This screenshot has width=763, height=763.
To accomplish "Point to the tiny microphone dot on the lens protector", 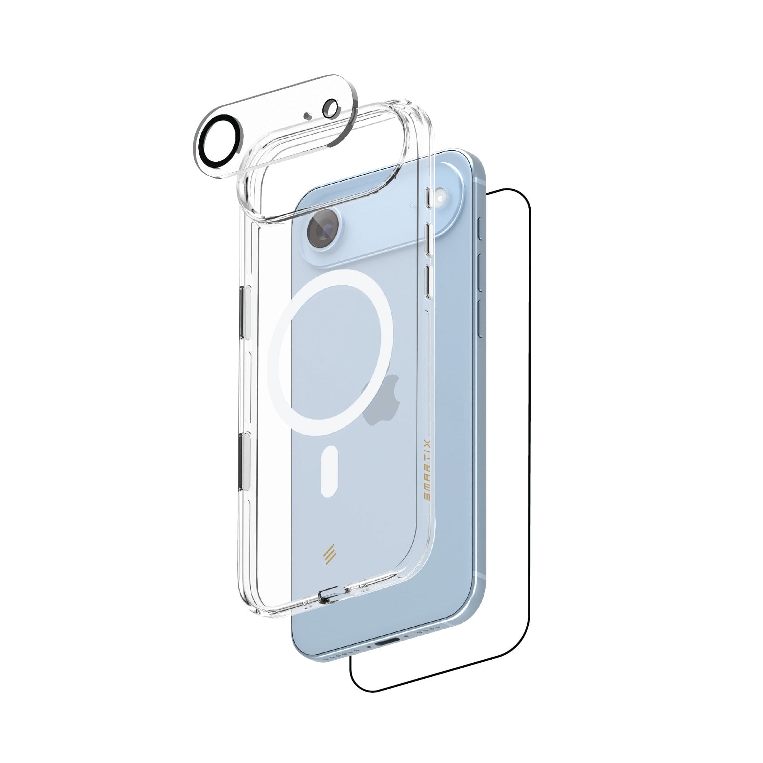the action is pyautogui.click(x=307, y=116).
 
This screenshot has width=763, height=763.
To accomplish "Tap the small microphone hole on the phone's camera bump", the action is pyautogui.click(x=412, y=205).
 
